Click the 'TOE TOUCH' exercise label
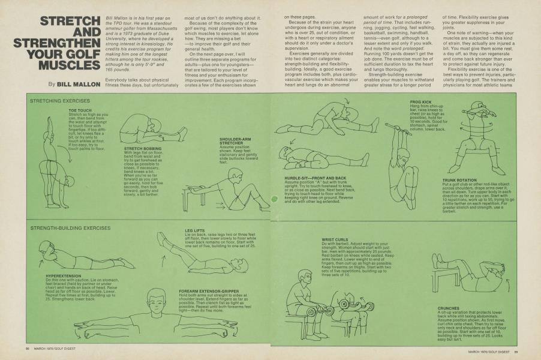point(80,110)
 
